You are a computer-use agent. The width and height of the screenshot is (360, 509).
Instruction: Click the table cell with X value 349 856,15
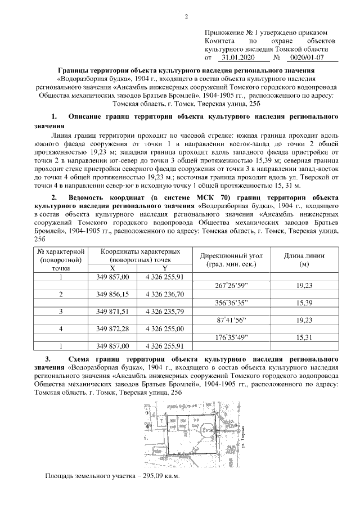click(112, 294)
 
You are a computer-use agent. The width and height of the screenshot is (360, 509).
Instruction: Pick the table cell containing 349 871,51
click(112, 311)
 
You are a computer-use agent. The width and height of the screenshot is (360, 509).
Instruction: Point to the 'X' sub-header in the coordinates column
click(112, 269)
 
